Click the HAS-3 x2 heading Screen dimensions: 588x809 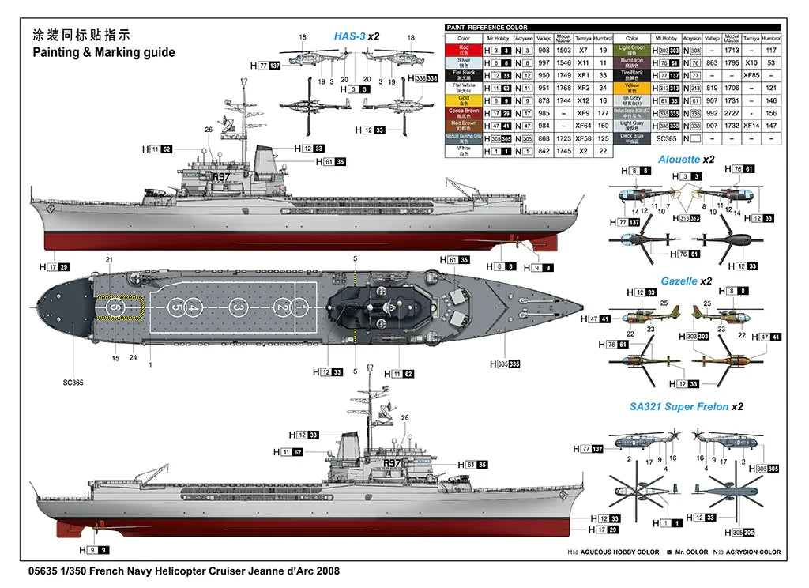(356, 36)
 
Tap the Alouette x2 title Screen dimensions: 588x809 (686, 159)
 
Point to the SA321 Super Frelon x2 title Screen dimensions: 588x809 (686, 407)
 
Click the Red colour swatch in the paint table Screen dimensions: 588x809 (464, 49)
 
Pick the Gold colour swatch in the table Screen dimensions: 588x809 (464, 100)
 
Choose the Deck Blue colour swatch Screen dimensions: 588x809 (631, 138)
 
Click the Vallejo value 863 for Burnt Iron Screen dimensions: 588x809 (711, 62)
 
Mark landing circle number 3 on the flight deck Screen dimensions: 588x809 (239, 307)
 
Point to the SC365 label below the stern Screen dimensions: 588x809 (73, 382)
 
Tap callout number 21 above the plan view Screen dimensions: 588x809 (110, 260)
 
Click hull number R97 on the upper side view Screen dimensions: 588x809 (220, 177)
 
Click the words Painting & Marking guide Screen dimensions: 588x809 (103, 53)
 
